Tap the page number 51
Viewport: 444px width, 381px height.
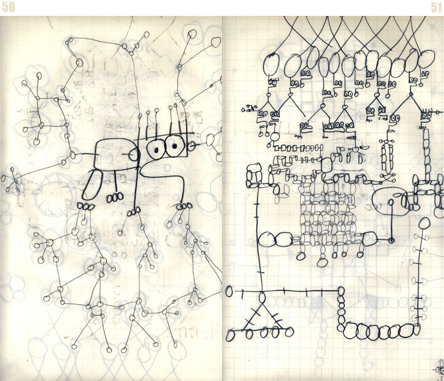pyautogui.click(x=435, y=7)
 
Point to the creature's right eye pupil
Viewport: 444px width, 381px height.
pyautogui.click(x=174, y=146)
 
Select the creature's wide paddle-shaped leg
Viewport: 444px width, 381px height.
pyautogui.click(x=91, y=186)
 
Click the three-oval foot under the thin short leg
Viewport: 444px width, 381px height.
pyautogui.click(x=113, y=198)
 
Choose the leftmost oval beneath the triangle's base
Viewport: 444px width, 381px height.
pyautogui.click(x=231, y=335)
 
